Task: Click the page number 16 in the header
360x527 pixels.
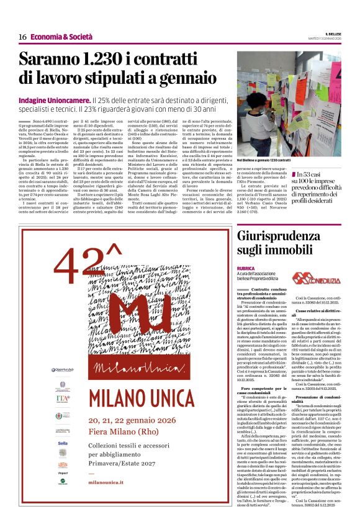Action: [22, 37]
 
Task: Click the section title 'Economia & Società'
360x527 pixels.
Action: [60, 37]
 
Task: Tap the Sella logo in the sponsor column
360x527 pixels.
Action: [63, 443]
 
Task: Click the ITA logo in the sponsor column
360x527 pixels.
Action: [63, 397]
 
